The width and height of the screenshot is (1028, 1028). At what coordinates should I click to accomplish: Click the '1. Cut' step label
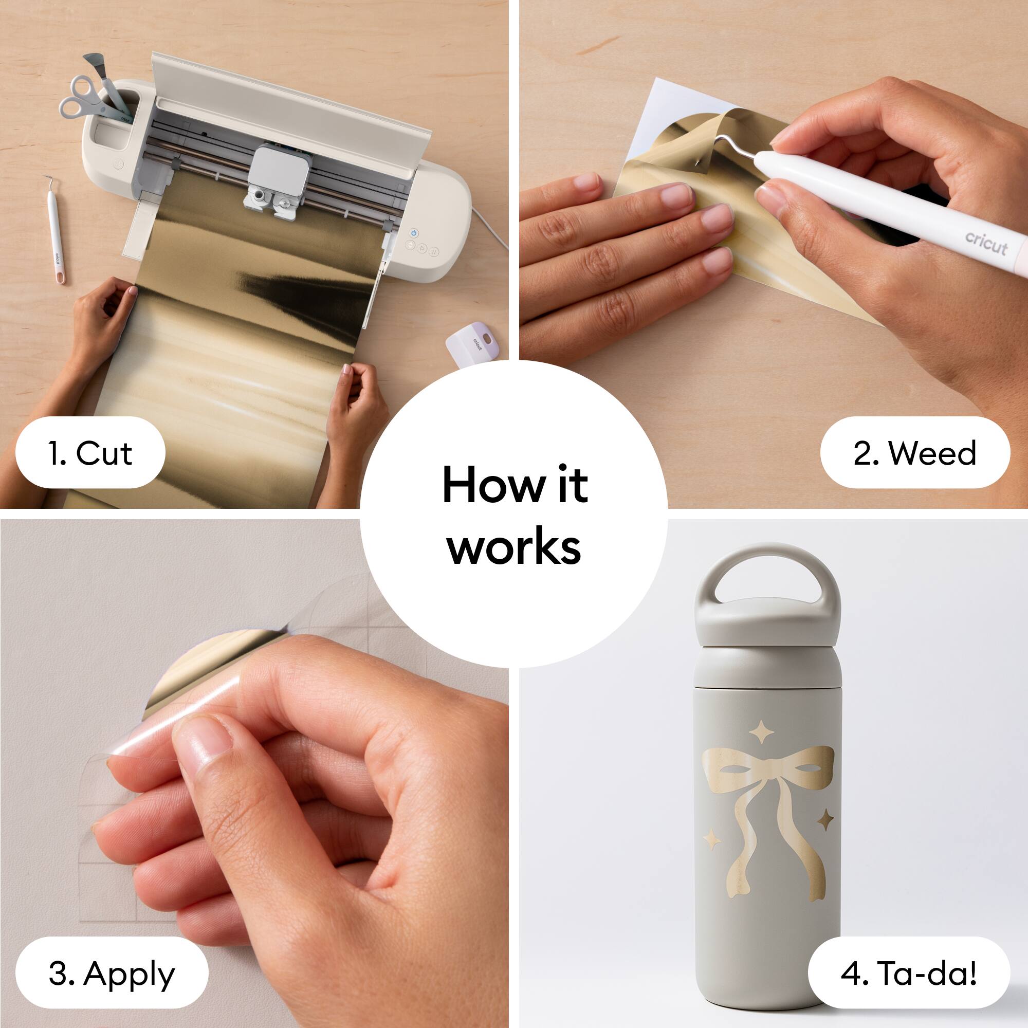(x=90, y=453)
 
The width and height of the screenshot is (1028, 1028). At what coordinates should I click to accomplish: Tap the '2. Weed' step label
(x=915, y=453)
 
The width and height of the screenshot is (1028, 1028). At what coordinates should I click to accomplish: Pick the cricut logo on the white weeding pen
(x=986, y=243)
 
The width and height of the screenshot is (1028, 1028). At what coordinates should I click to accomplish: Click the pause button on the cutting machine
(x=435, y=252)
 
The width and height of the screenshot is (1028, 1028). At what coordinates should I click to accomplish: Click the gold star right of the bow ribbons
(x=825, y=820)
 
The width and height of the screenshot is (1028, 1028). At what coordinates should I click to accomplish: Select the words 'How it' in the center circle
(x=515, y=484)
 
